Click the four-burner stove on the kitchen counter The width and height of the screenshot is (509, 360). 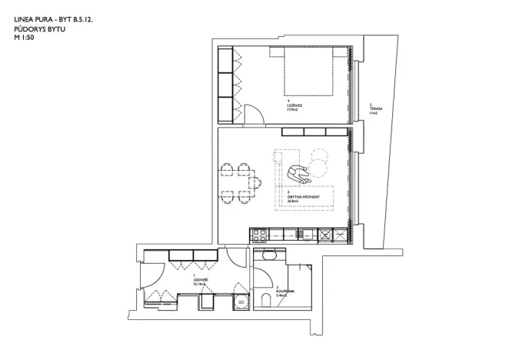click(259, 233)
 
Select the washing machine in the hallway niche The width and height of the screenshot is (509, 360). click(241, 303)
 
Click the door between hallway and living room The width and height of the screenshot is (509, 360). click(235, 258)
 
